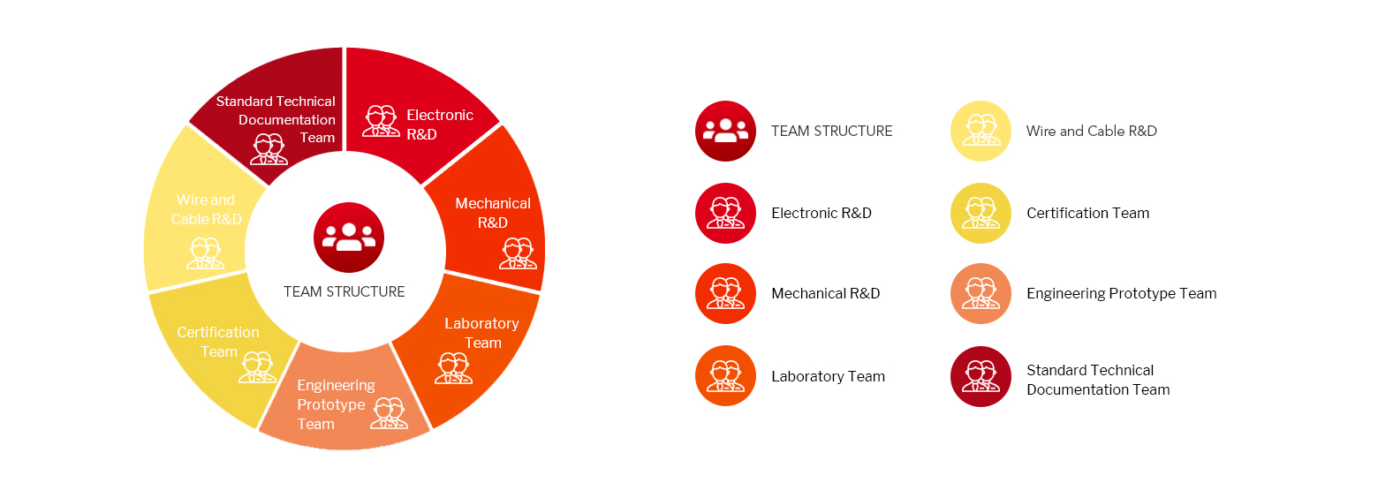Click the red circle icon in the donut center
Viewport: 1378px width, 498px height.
(x=349, y=238)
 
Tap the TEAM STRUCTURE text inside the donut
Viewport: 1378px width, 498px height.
(x=344, y=291)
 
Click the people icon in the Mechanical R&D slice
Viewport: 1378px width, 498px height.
(x=518, y=253)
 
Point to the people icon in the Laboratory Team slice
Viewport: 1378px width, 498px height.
(x=453, y=368)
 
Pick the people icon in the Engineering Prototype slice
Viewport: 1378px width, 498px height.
(x=389, y=413)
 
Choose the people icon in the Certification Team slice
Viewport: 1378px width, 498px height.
(x=258, y=367)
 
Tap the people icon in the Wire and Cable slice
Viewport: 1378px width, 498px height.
(x=206, y=253)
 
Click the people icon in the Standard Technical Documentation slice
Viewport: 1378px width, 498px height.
(x=269, y=149)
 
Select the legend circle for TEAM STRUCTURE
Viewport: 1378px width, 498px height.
(x=725, y=131)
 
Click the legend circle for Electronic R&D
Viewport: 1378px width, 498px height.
(x=725, y=213)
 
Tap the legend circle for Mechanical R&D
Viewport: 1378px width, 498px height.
(x=725, y=293)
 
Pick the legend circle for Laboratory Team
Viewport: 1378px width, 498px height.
(x=725, y=375)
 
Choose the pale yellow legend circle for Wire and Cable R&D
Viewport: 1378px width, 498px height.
(x=980, y=131)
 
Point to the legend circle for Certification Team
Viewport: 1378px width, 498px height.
(x=980, y=213)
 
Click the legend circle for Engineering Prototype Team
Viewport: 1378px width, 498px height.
(x=980, y=293)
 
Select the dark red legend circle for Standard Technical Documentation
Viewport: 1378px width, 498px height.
(x=980, y=376)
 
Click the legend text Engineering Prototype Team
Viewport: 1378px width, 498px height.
(x=1122, y=294)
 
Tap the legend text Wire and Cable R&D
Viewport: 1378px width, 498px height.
(x=1091, y=131)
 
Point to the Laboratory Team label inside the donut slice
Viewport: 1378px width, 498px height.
(x=481, y=333)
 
